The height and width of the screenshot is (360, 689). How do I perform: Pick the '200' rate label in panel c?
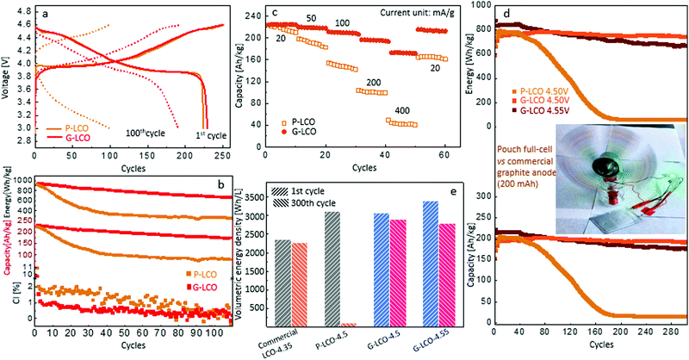pos(372,82)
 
